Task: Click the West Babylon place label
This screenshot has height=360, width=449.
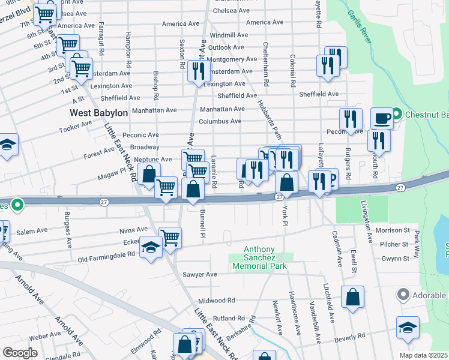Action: point(98,113)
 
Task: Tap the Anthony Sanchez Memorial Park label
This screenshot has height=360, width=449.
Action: point(259,257)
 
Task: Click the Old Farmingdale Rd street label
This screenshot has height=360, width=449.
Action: point(106,257)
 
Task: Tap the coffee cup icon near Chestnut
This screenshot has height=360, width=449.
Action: point(382,118)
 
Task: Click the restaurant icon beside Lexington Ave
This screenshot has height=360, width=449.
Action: point(197,71)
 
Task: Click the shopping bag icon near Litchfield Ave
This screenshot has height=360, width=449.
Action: point(353,296)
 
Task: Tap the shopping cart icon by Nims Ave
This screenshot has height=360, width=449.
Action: point(170,238)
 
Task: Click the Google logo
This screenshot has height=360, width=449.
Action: point(20,353)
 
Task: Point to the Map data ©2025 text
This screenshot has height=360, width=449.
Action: point(423,355)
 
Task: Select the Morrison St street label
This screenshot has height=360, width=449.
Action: point(393,230)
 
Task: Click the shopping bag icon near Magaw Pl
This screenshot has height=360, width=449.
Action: point(149,175)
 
